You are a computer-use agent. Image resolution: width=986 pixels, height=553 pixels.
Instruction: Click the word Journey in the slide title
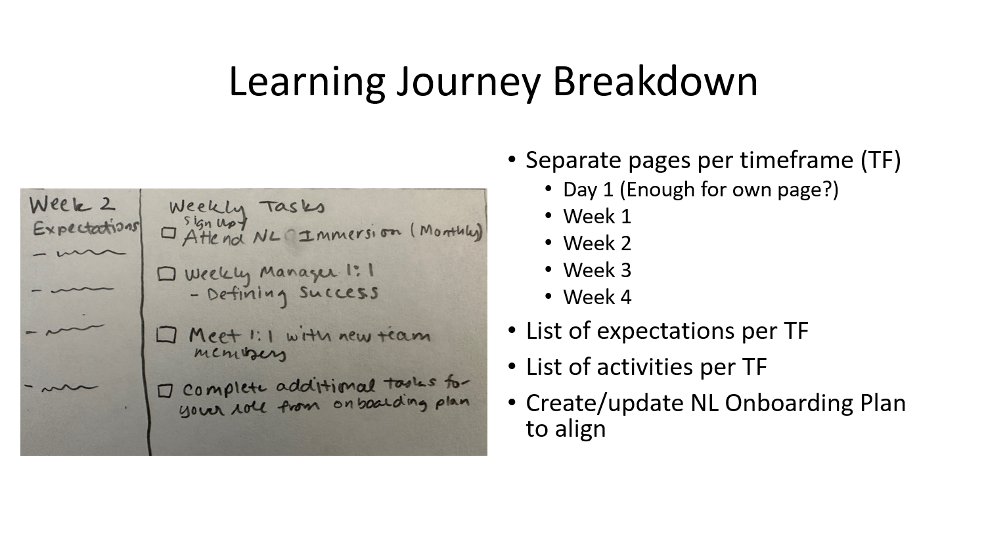pos(467,81)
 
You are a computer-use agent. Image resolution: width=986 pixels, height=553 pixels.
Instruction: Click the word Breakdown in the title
pos(654,81)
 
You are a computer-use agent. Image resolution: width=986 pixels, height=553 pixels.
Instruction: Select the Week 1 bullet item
pos(596,216)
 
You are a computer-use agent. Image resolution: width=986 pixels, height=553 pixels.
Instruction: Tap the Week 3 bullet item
pos(596,270)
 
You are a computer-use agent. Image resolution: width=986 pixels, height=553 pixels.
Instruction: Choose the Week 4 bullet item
pos(596,297)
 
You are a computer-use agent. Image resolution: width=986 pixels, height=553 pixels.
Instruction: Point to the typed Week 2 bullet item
pos(596,243)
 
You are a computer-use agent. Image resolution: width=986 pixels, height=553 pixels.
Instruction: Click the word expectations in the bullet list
pos(666,330)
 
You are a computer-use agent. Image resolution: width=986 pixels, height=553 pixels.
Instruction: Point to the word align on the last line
pos(579,429)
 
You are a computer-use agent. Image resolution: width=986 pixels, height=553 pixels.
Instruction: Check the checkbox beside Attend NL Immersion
pos(169,233)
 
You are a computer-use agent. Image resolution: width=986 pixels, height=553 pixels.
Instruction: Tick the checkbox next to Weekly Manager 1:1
pos(167,274)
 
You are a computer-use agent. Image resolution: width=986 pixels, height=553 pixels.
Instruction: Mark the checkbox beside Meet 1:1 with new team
pos(166,336)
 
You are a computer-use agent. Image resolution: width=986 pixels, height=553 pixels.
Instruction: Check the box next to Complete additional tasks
pos(165,391)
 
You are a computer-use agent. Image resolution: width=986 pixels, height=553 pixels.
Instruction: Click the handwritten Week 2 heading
pos(71,204)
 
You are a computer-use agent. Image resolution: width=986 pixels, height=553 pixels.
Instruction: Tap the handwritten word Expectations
pos(85,228)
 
